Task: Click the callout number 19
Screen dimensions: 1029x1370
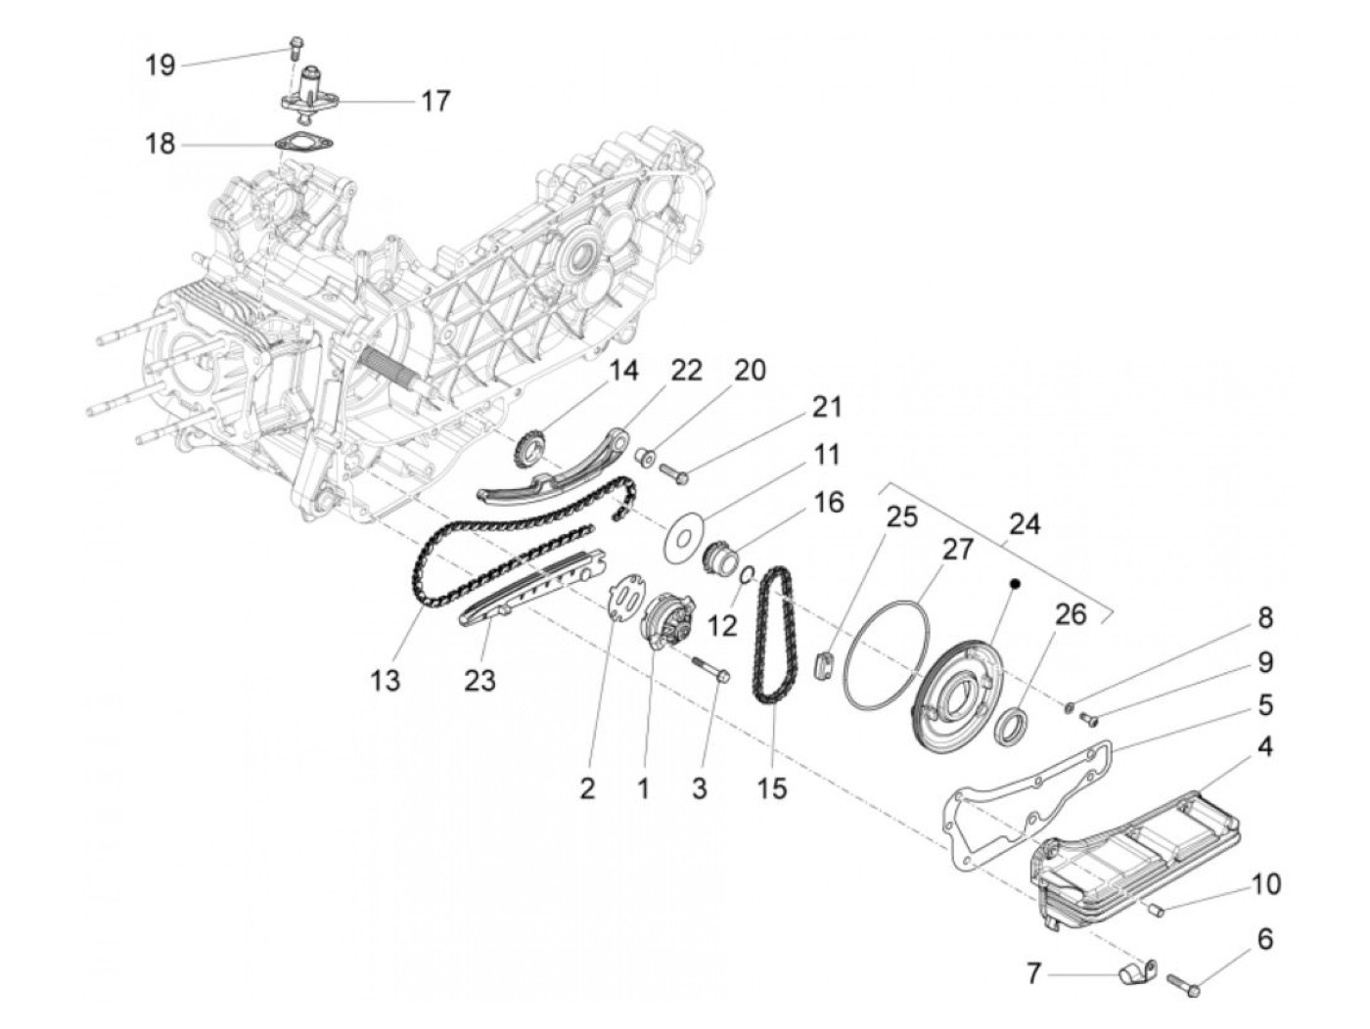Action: pyautogui.click(x=160, y=66)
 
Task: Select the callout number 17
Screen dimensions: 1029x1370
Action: pyautogui.click(x=435, y=101)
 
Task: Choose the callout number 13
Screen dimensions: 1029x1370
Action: pyautogui.click(x=387, y=680)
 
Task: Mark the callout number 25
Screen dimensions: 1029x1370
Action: pyautogui.click(x=902, y=516)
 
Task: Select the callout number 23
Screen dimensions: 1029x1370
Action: pyautogui.click(x=480, y=680)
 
